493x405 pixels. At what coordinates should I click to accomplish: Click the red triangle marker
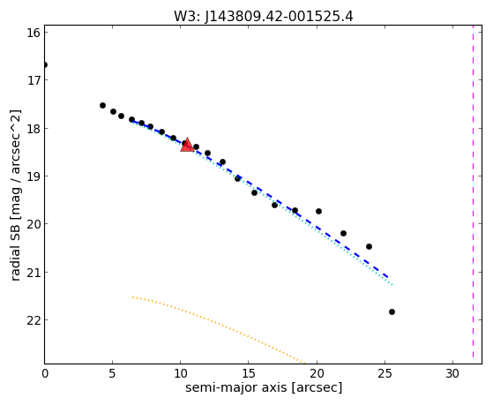[x=187, y=145]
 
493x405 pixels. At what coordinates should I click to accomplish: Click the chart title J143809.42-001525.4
[x=279, y=16]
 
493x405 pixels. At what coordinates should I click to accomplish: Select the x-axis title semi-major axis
[x=236, y=387]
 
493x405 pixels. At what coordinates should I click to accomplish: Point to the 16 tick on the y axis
[x=34, y=33]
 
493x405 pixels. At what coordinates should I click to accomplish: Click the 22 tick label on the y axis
[x=34, y=320]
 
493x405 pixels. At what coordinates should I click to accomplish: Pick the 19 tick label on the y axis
[x=34, y=176]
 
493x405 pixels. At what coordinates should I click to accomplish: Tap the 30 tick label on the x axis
[x=452, y=373]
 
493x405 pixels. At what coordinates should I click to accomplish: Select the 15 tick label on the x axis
[x=249, y=373]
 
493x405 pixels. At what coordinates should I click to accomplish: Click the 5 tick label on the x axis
[x=113, y=373]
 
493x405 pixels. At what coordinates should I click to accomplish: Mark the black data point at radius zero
[x=45, y=64]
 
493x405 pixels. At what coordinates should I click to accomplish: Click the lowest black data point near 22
[x=392, y=311]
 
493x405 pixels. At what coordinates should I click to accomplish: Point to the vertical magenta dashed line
[x=473, y=194]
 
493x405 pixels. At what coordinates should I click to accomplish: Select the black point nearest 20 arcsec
[x=318, y=211]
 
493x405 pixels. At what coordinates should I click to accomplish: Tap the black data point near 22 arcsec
[x=343, y=233]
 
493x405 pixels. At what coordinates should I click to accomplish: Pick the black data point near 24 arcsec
[x=370, y=246]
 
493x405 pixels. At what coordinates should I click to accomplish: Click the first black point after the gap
[x=102, y=105]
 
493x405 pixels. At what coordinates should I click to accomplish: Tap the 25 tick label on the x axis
[x=385, y=373]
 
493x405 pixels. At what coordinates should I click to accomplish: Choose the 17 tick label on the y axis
[x=34, y=80]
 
